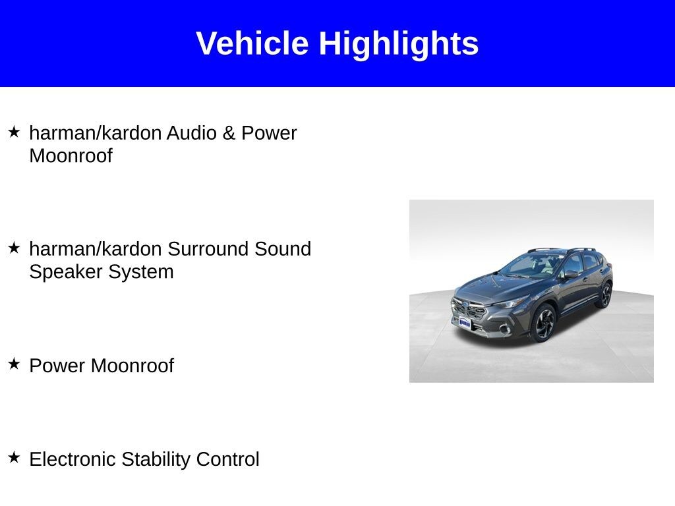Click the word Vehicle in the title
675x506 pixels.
pos(252,43)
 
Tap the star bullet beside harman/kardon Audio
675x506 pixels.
pos(15,132)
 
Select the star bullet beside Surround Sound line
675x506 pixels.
pos(15,248)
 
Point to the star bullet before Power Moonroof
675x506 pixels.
pos(15,364)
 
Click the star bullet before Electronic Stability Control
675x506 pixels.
pos(15,457)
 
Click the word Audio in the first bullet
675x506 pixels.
pos(192,133)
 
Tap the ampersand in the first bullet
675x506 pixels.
pos(229,133)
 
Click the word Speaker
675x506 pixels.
pos(66,272)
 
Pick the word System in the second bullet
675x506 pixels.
pos(141,272)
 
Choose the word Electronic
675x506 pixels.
pos(73,459)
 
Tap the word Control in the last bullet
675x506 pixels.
pos(227,459)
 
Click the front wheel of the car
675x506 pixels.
pos(544,323)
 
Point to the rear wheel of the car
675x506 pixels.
pos(605,295)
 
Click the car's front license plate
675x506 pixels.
pos(465,322)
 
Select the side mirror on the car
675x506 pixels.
pos(571,274)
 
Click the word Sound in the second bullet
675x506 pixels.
pos(282,248)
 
